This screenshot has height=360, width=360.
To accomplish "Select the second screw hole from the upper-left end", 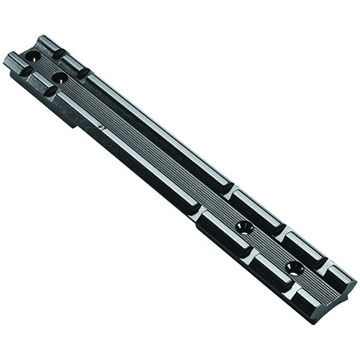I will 58,78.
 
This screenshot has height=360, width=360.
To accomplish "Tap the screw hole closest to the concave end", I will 294,266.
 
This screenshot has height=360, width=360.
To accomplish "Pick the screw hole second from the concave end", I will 245,227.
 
